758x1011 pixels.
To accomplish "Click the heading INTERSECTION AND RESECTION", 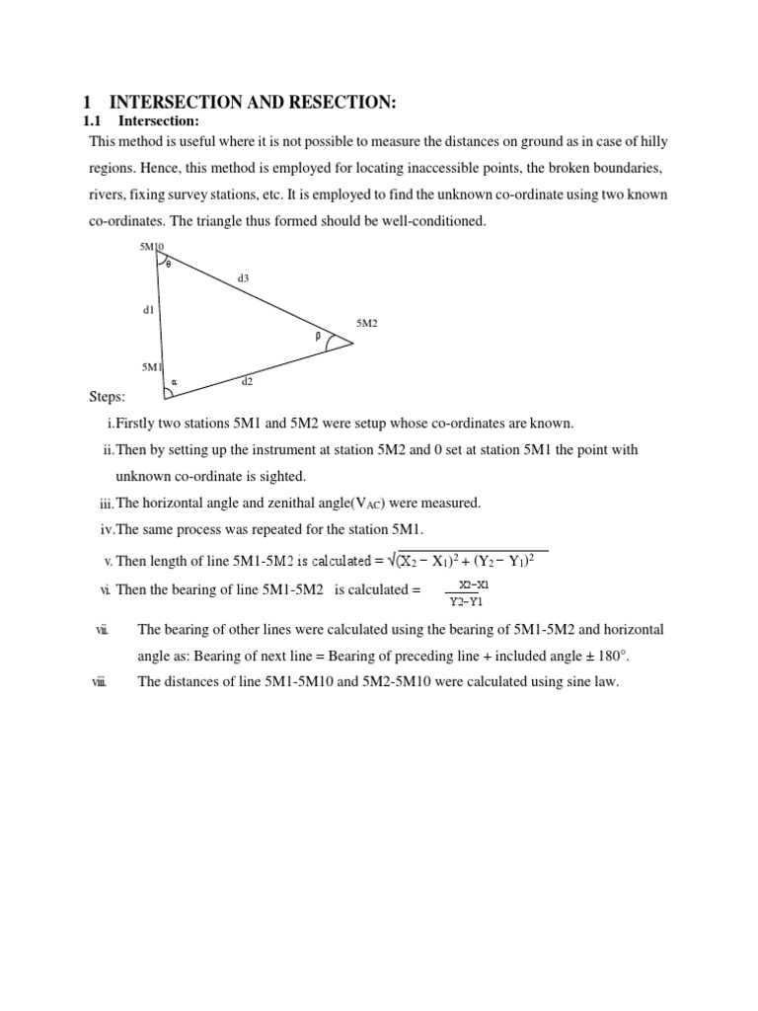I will click(252, 103).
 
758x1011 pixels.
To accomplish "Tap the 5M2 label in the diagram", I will click(367, 323).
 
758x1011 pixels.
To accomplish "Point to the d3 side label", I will click(243, 278).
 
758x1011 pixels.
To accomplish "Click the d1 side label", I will click(148, 310).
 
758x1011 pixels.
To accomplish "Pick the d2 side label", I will click(248, 380).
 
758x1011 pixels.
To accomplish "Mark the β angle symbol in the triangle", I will click(318, 336).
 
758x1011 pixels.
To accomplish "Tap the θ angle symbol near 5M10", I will click(168, 264).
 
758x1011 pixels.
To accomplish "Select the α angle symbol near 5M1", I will click(174, 381).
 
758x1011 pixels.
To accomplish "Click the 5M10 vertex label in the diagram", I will click(152, 247).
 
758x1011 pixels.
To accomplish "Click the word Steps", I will click(107, 397).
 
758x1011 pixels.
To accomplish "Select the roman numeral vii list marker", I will click(102, 630).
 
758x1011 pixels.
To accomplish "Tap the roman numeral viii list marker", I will click(99, 681).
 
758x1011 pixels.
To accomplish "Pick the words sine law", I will click(591, 681).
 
